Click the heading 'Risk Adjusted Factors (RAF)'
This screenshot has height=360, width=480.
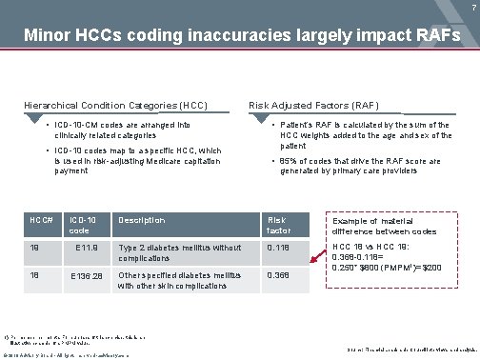(305, 103)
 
